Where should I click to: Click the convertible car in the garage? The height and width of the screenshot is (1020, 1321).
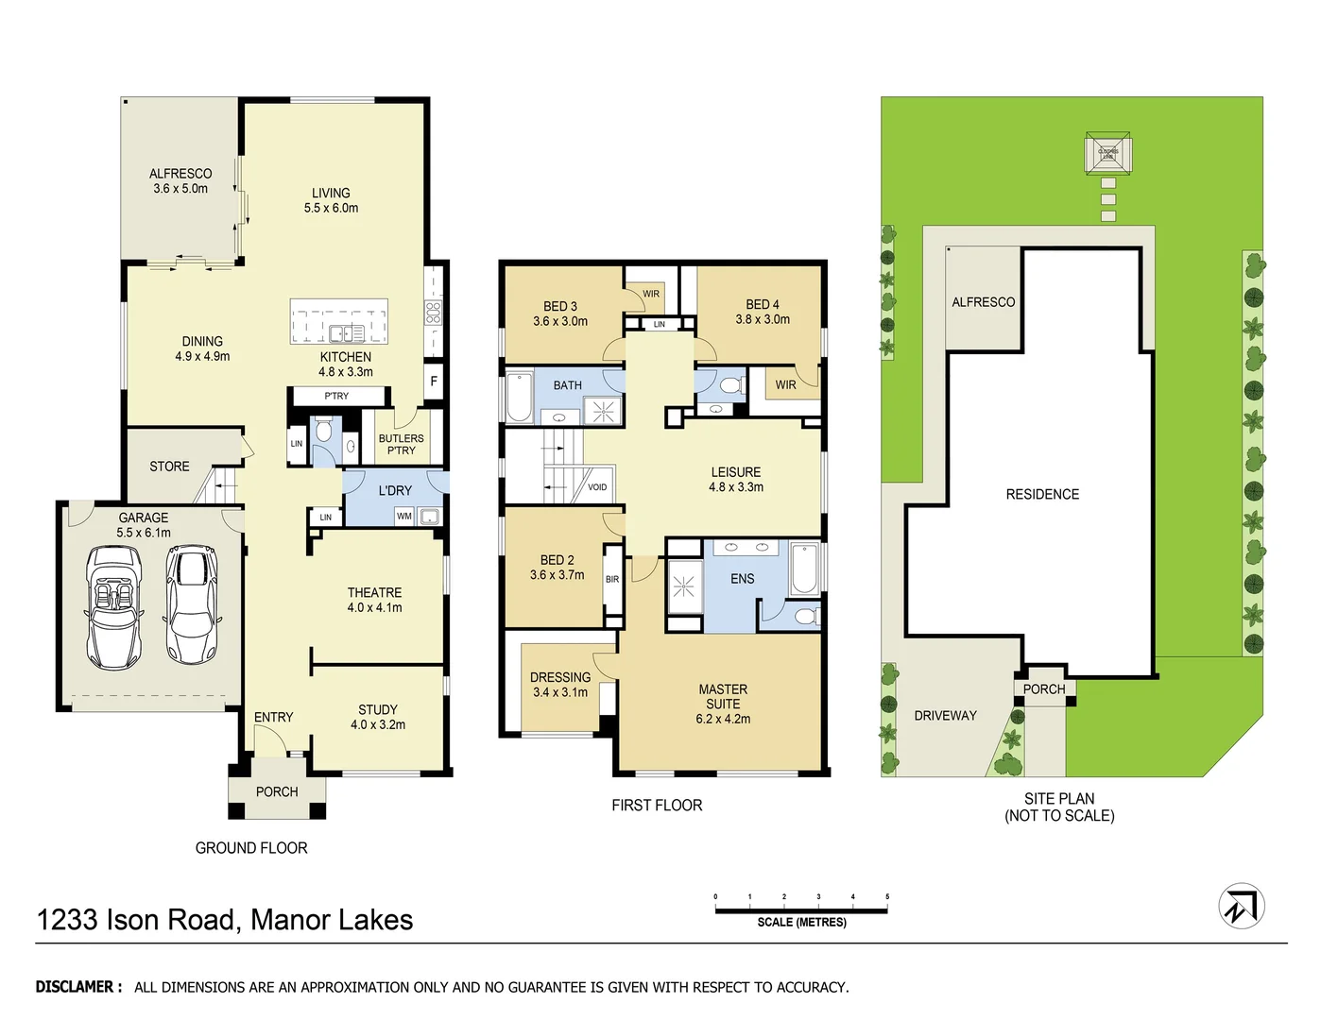point(114,605)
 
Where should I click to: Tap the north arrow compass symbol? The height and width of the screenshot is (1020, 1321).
point(1241,906)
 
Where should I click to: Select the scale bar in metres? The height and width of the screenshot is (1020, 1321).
point(801,910)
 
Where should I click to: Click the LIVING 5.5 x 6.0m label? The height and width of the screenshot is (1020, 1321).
point(331,200)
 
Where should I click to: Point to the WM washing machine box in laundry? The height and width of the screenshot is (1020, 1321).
point(404,516)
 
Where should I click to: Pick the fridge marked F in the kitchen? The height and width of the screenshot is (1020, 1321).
point(434,382)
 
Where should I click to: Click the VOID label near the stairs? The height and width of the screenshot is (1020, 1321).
point(597,487)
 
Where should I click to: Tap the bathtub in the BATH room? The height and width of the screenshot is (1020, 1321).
point(520,397)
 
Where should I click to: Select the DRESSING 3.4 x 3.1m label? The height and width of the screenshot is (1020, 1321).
point(560,685)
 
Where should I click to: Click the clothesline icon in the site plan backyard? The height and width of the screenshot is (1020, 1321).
point(1108,153)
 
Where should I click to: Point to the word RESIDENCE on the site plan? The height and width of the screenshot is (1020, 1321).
point(1042,494)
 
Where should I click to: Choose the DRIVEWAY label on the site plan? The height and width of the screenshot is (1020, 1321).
point(945,715)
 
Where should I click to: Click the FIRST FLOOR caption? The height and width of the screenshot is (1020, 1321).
point(657,805)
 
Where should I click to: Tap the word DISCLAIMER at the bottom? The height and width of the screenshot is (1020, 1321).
point(78,987)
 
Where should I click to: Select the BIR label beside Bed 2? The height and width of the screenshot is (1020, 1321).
point(612,579)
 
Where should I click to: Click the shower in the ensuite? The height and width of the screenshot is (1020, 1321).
point(683,587)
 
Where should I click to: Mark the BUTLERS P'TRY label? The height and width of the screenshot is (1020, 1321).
point(401,444)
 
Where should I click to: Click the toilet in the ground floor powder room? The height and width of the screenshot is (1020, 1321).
point(323,433)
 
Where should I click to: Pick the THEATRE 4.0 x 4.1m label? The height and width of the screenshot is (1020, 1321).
point(374,600)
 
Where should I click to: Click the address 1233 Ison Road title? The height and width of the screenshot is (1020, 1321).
point(225,919)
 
